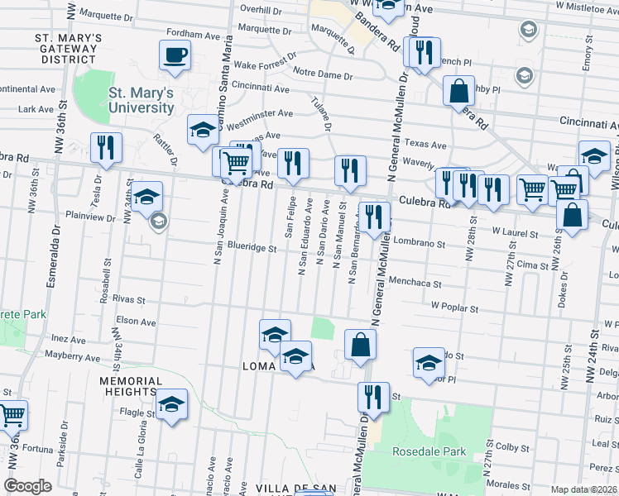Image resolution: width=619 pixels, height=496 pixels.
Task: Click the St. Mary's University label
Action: (x=142, y=100)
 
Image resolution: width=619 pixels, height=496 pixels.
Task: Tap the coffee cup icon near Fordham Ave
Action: (x=175, y=56)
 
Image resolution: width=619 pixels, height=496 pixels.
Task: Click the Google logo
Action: (x=27, y=486)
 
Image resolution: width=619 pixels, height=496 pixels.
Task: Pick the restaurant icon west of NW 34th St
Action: (x=106, y=148)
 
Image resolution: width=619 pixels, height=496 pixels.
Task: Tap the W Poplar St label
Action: (x=458, y=304)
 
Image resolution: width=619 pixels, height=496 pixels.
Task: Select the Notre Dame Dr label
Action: (x=322, y=75)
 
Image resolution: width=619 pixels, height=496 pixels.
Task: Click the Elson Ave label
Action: (x=137, y=321)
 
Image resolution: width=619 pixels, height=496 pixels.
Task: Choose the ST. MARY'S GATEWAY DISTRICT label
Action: (x=69, y=49)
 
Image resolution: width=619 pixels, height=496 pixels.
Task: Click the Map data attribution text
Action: (x=584, y=489)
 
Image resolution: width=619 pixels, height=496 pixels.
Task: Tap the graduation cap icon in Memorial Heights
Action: (x=172, y=404)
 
